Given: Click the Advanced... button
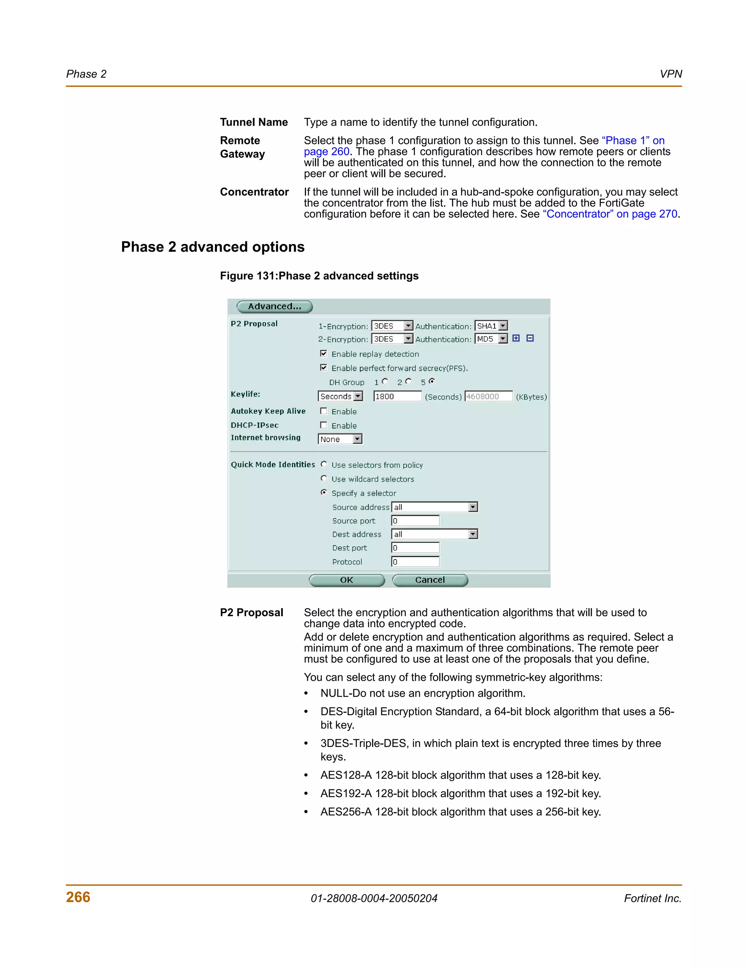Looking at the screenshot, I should (274, 306).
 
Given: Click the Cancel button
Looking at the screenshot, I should (430, 580).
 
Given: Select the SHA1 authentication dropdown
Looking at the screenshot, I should (491, 326).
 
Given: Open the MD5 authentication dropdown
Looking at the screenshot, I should (491, 339).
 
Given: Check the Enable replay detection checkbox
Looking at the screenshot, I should (324, 353).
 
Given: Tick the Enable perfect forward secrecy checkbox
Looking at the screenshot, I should (324, 367).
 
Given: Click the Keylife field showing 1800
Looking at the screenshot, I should (397, 396).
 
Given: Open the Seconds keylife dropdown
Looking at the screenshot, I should (340, 396).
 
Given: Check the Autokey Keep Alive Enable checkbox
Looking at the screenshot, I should (324, 411).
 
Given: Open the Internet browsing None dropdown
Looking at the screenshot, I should (340, 439).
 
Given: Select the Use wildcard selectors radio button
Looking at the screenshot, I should (324, 478).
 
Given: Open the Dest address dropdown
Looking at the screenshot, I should (434, 534).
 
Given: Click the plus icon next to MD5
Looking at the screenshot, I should (516, 338).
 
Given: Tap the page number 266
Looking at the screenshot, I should (78, 897).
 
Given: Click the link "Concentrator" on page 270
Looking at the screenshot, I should (610, 214).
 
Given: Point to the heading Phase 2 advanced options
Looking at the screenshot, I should (213, 247).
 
